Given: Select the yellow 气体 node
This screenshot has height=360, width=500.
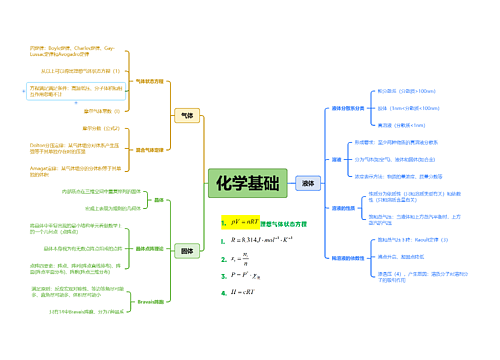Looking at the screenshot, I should tap(186, 116).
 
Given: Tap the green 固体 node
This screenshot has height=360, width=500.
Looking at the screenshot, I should tap(186, 250).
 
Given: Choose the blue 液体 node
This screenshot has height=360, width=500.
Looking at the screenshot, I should tap(307, 183).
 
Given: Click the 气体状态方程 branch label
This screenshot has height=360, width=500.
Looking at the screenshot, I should tap(149, 81).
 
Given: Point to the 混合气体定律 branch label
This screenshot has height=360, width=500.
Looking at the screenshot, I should tap(148, 149).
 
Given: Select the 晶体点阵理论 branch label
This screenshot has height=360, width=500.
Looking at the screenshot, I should tap(147, 247).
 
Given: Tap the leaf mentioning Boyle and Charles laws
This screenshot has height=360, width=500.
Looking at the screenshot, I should tap(72, 51).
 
